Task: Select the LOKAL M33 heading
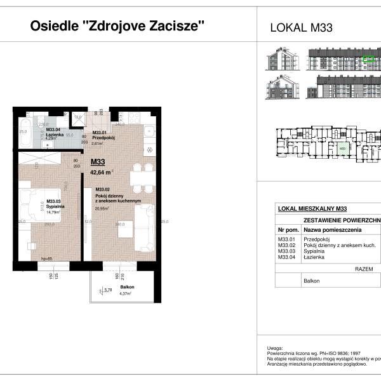[x=302, y=27]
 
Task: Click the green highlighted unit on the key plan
[x=342, y=149]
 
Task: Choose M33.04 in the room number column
[x=287, y=257]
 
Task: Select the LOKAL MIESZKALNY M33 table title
[x=312, y=208]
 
